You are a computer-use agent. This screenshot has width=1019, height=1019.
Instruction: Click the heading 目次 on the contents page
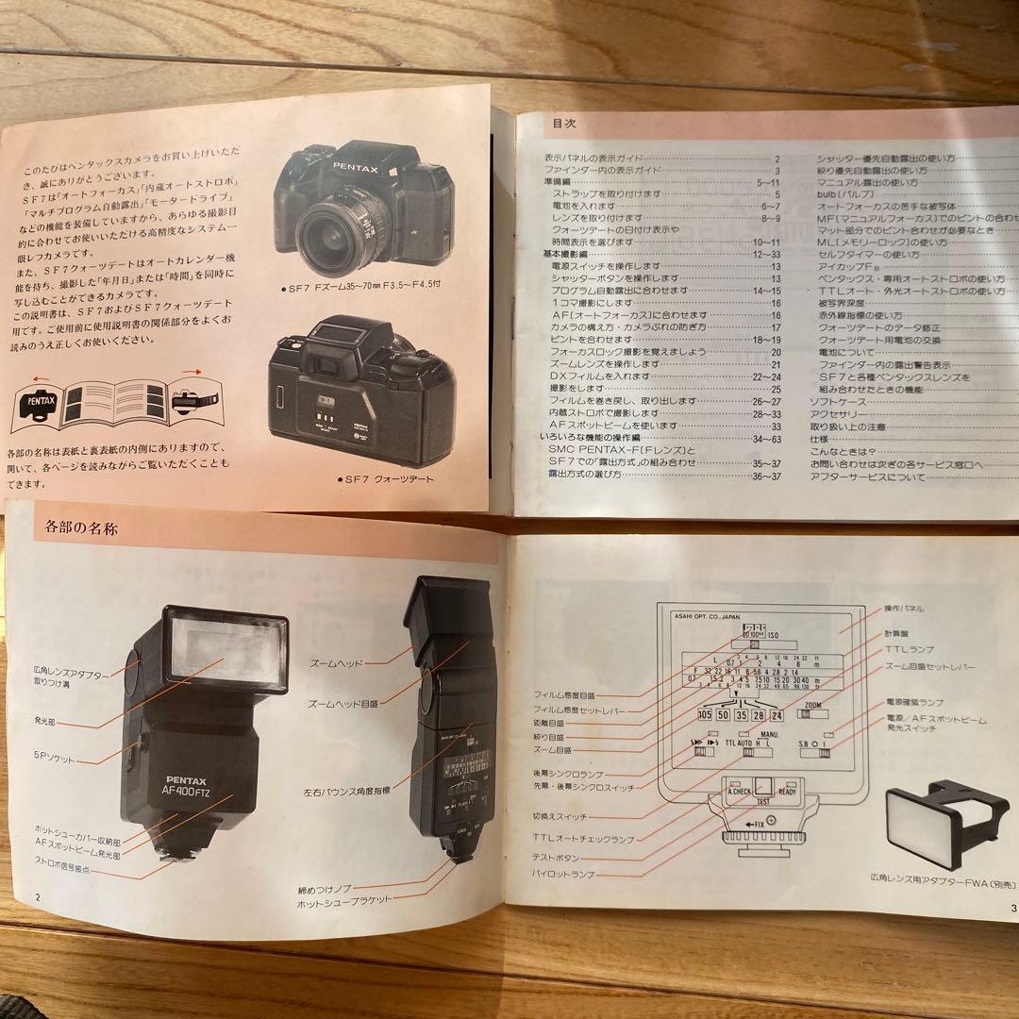point(564,123)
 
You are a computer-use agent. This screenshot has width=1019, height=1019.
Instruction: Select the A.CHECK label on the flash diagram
point(741,793)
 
